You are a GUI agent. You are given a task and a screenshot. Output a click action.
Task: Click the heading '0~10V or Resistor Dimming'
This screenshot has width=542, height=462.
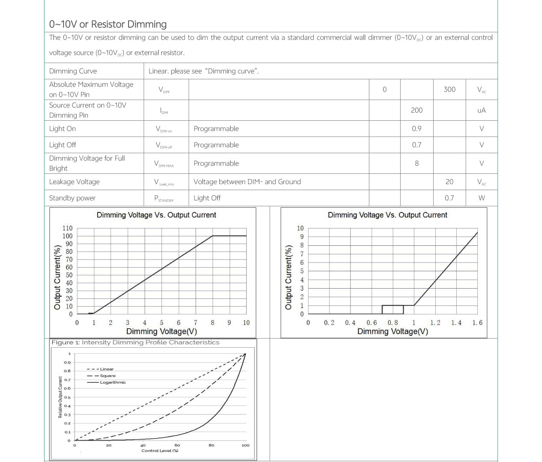(x=108, y=24)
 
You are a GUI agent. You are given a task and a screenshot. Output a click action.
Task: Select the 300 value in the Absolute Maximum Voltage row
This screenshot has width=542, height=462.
(x=449, y=89)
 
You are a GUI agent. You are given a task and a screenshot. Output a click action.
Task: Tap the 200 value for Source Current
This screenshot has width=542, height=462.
(x=416, y=110)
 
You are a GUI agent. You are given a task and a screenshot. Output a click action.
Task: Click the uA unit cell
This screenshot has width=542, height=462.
(x=482, y=110)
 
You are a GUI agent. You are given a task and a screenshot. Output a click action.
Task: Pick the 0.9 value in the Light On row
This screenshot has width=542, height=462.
(x=416, y=128)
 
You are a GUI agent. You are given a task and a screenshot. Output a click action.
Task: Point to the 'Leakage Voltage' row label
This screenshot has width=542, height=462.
(x=74, y=182)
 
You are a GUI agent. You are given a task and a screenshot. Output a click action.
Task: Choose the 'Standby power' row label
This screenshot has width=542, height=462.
(x=72, y=198)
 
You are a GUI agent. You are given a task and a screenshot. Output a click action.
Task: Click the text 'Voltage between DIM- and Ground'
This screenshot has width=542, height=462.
(x=247, y=182)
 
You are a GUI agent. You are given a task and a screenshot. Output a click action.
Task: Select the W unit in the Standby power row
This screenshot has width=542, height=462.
(x=482, y=198)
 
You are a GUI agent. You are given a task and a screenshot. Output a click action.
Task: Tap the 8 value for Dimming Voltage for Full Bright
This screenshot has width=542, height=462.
(x=416, y=163)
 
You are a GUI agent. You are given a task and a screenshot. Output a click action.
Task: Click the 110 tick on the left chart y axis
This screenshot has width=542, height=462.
(x=68, y=228)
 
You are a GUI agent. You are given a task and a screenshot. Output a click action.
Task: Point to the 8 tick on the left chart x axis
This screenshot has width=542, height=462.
(x=213, y=323)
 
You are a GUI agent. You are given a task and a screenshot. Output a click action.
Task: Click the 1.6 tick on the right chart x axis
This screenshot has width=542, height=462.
(x=477, y=323)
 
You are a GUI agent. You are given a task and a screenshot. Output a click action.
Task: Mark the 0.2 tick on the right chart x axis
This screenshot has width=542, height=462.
(x=329, y=323)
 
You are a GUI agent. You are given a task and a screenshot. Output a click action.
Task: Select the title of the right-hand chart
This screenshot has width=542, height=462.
(x=387, y=215)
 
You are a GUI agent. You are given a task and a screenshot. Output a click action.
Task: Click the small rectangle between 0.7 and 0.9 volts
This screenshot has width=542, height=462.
(x=392, y=310)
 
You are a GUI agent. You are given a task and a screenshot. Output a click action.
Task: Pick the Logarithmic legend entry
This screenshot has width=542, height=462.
(x=113, y=382)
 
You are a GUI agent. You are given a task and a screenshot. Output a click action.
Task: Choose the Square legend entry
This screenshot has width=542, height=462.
(x=108, y=376)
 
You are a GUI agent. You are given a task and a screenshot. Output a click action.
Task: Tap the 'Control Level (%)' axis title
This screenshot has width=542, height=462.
(x=160, y=450)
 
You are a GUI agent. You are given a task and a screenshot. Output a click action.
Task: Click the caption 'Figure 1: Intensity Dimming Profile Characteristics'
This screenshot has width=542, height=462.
(x=135, y=343)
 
